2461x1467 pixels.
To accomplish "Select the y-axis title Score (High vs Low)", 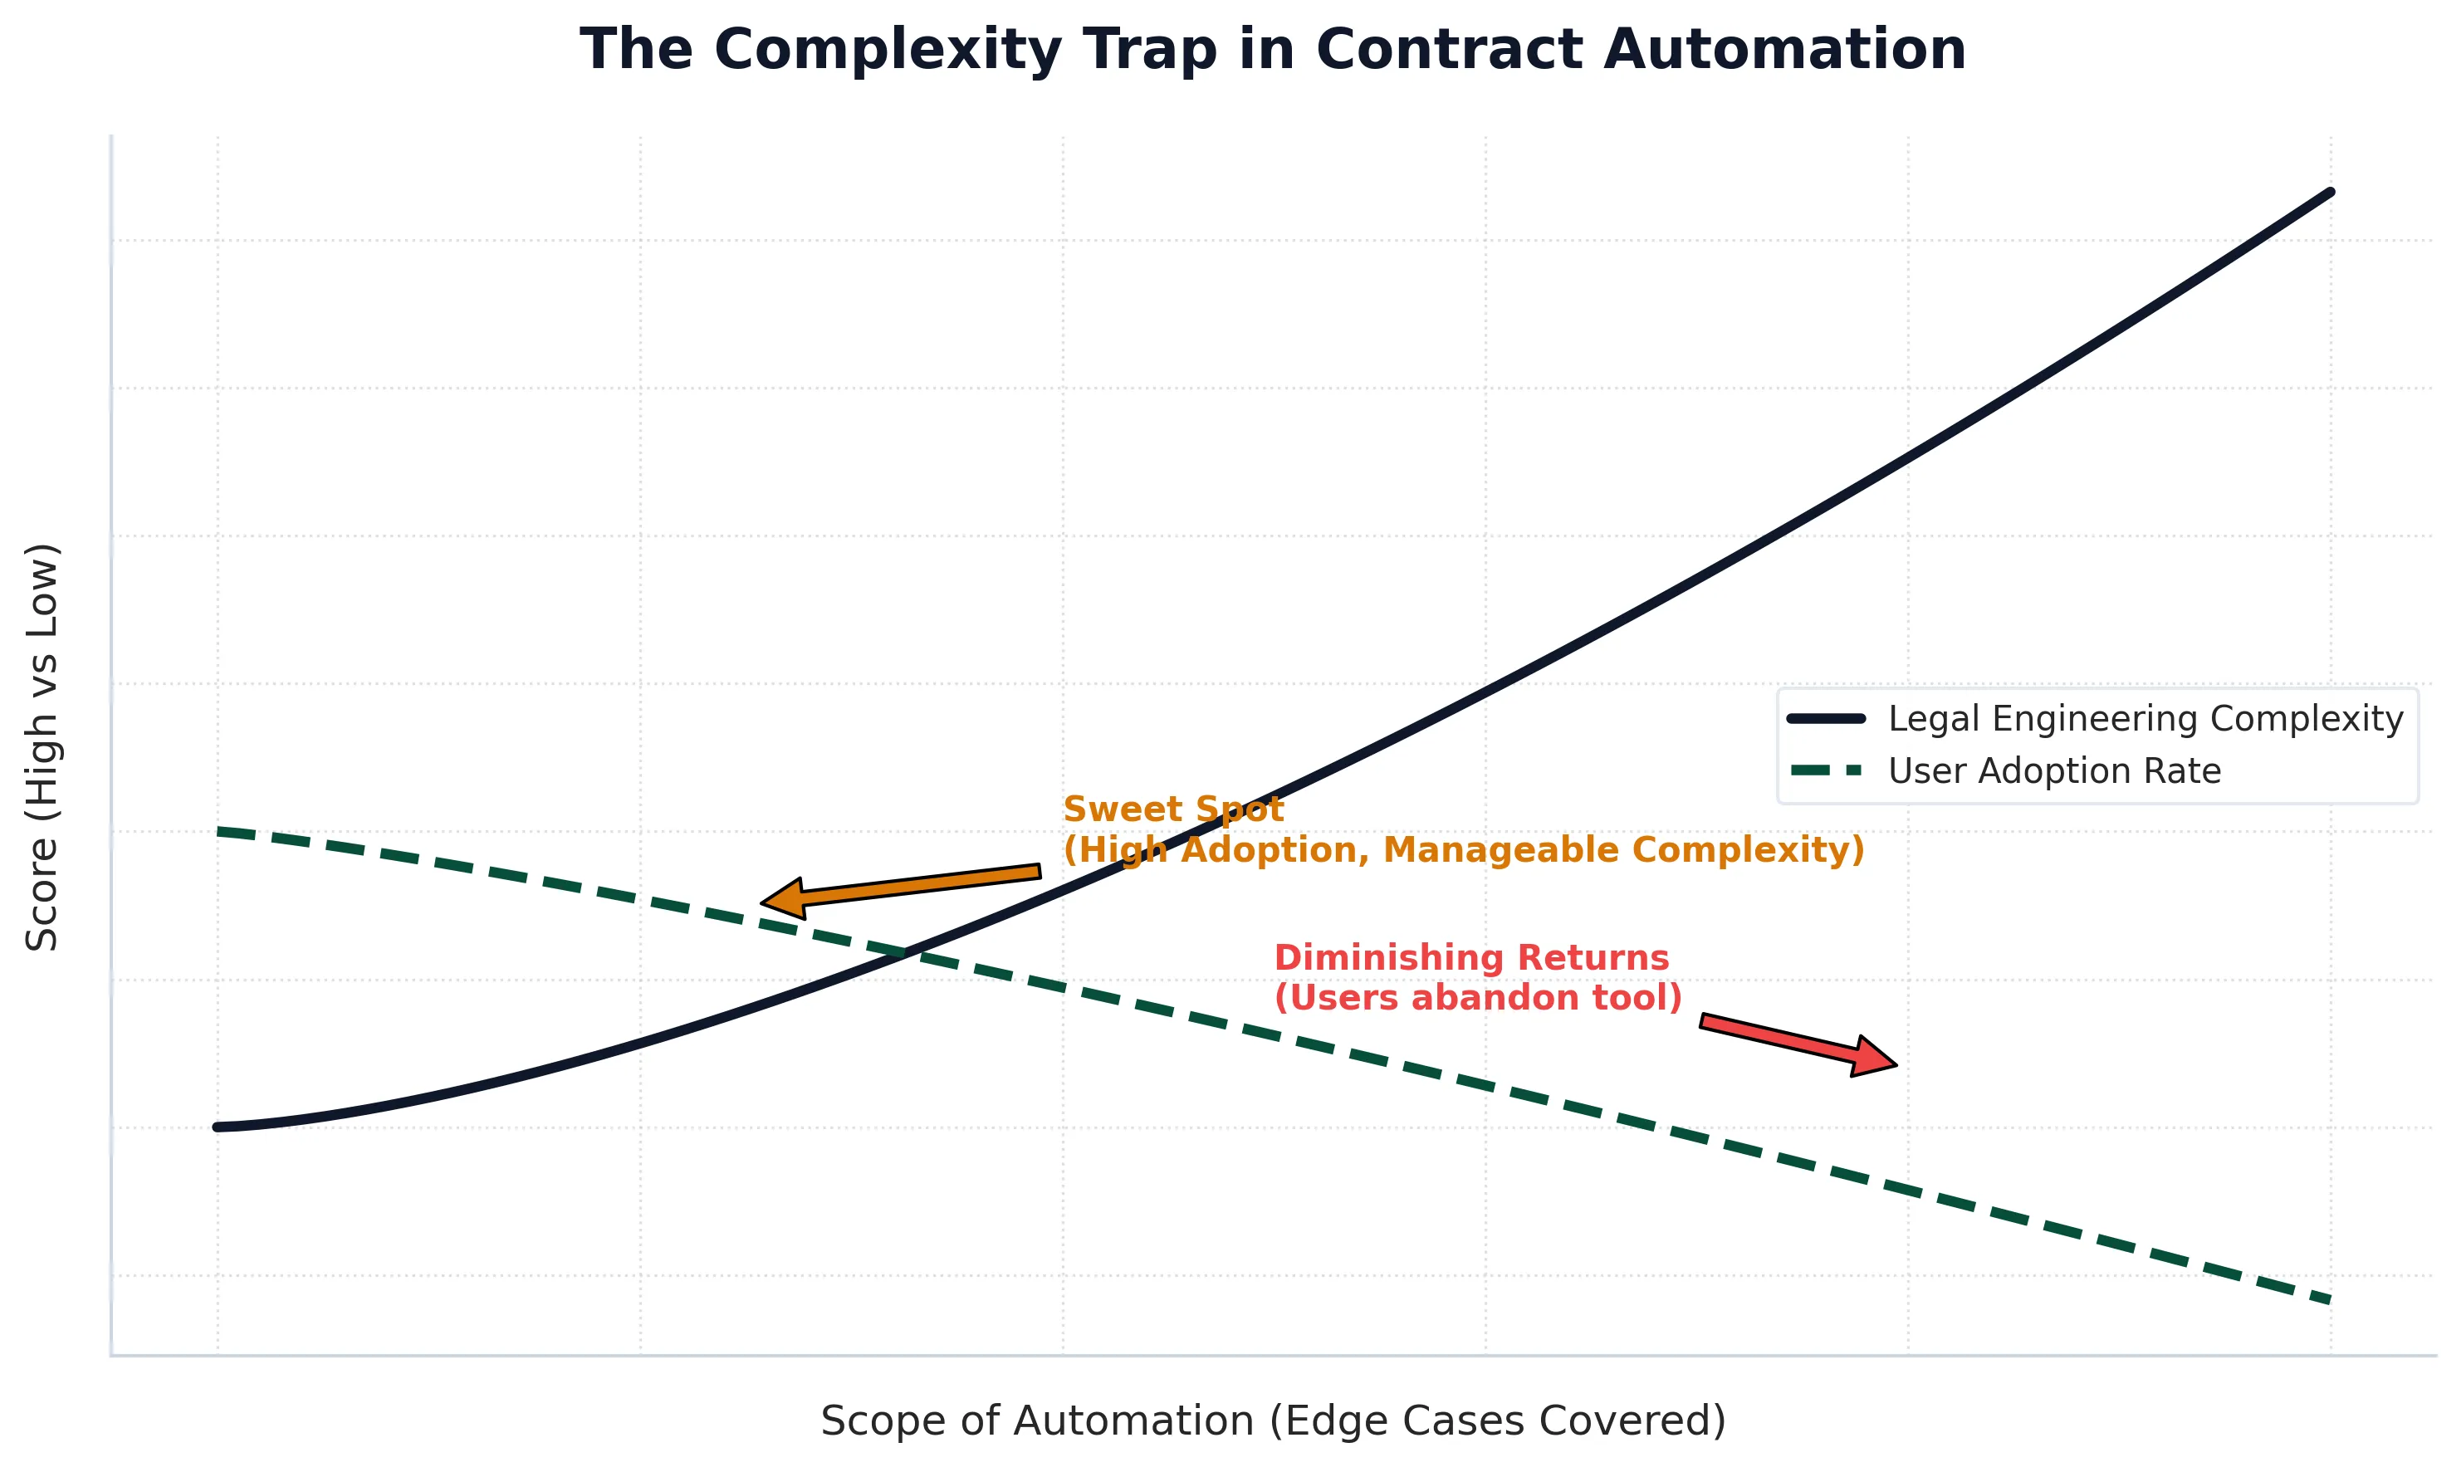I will pyautogui.click(x=42, y=747).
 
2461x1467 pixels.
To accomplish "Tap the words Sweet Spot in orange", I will pyautogui.click(x=1172, y=809).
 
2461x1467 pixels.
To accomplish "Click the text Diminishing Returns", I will pyautogui.click(x=1470, y=958).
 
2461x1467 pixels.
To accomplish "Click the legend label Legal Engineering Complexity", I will pyautogui.click(x=2145, y=719).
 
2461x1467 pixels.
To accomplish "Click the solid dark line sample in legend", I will pyautogui.click(x=1827, y=719).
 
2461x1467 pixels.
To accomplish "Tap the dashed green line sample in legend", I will pyautogui.click(x=1827, y=771).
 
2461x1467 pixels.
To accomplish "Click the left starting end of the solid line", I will pyautogui.click(x=218, y=1127).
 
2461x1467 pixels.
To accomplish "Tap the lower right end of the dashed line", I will pyautogui.click(x=2327, y=1300).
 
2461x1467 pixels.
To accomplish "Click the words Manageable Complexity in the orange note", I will pyautogui.click(x=1621, y=850).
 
